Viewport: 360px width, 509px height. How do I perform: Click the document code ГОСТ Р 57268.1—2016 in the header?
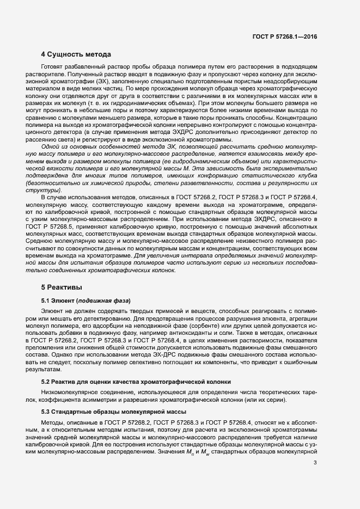[x=284, y=36]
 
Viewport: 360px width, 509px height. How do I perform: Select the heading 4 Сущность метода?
[x=76, y=54]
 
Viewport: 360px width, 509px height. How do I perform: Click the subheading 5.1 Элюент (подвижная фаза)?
[x=86, y=301]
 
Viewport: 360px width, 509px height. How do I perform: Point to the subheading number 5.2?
[x=46, y=382]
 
